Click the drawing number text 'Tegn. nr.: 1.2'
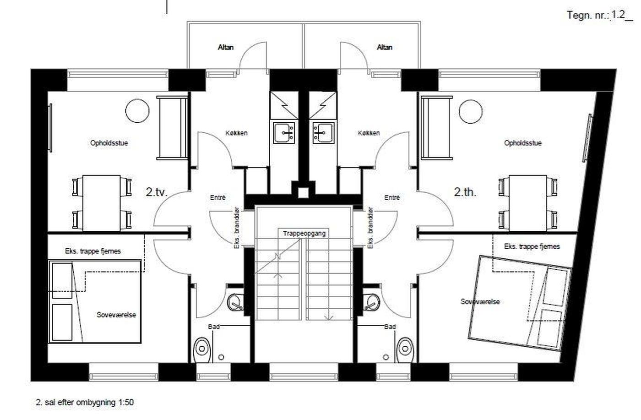point(600,15)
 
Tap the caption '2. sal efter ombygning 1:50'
point(85,402)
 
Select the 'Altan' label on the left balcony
point(226,47)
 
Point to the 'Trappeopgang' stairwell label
point(304,234)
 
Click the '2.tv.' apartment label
point(156,192)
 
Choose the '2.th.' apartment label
point(465,192)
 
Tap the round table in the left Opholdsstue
point(137,111)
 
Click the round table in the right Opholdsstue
point(471,111)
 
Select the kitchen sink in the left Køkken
point(284,132)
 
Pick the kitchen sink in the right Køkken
point(323,132)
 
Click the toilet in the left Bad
point(203,350)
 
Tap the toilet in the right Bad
point(405,350)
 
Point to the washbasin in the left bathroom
point(235,302)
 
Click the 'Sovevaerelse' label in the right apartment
point(480,301)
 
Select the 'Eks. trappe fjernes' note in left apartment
point(93,251)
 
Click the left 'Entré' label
point(218,197)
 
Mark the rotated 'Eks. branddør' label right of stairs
point(370,228)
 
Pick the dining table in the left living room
point(102,203)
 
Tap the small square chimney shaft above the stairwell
point(303,192)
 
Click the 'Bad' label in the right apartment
point(390,327)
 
